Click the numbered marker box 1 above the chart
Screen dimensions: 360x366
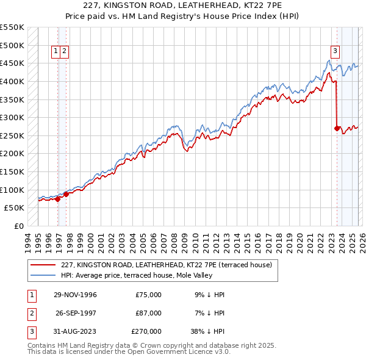pos(56,52)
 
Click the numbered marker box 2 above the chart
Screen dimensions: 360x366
pos(64,52)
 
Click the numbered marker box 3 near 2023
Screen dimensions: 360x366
pos(335,52)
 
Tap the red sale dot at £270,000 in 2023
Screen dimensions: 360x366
pos(337,128)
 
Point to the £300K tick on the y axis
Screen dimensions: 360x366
pos(13,117)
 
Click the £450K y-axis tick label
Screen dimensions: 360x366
pos(13,63)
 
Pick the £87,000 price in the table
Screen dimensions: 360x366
pos(149,313)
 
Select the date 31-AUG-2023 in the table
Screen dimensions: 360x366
pos(75,332)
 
